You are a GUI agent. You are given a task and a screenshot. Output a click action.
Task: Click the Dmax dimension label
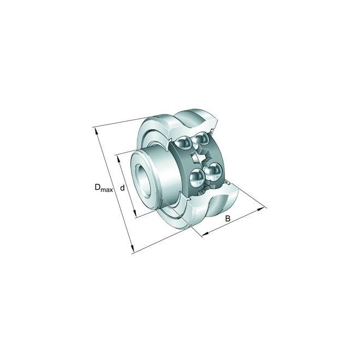point(104,188)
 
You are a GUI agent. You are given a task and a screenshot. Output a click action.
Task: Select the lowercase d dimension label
point(123,188)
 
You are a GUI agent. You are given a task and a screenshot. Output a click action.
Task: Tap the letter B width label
point(227,218)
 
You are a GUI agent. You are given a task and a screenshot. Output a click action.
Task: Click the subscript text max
point(107,190)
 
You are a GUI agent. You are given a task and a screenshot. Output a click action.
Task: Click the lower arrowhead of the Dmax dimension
point(131,248)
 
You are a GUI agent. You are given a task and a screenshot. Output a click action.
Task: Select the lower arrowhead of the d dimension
point(135,213)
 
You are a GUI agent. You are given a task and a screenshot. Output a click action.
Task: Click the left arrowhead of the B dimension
point(205,234)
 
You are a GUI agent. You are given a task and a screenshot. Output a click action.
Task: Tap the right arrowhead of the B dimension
point(261,209)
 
